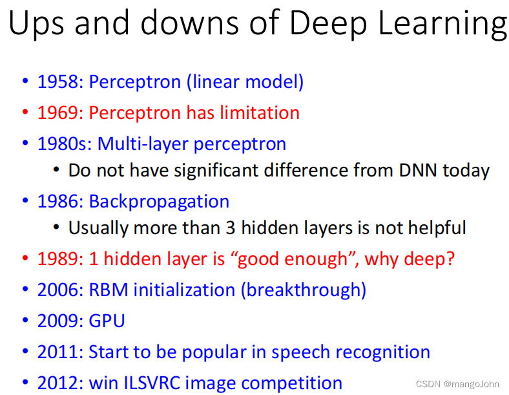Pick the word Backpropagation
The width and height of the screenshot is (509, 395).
coord(159,201)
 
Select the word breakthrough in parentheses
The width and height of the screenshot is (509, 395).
coord(304,290)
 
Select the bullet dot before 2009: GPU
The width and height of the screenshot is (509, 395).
coord(25,321)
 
